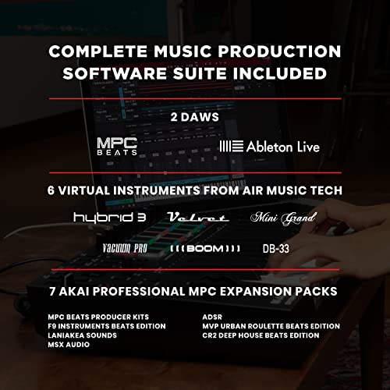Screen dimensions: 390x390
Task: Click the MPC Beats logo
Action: [x=117, y=146]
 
